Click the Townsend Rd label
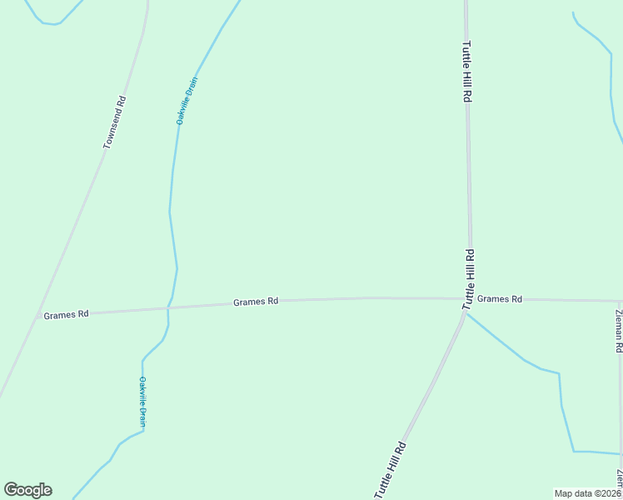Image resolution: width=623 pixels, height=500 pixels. (115, 122)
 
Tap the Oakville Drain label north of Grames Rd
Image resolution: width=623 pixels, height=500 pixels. (187, 101)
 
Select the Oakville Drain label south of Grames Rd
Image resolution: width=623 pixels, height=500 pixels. (142, 402)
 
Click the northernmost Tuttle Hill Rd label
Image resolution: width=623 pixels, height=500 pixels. (467, 72)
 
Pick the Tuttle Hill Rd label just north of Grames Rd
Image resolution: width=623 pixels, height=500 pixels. (469, 276)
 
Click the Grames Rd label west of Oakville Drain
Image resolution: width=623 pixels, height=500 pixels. (66, 315)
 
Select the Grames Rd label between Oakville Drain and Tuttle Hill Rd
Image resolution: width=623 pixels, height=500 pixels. (256, 302)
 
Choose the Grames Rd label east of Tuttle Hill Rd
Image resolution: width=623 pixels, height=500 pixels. (500, 298)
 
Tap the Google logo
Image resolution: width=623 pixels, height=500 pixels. (27, 490)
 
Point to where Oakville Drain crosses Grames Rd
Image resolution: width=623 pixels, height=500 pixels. (169, 307)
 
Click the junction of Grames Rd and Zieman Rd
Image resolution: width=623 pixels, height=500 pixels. (620, 301)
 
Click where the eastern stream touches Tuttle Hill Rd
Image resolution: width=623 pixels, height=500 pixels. (466, 313)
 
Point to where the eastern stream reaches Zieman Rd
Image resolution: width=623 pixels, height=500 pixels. (619, 454)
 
